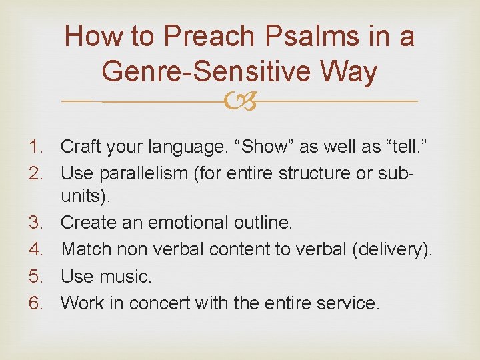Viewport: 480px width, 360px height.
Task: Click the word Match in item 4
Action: point(84,249)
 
